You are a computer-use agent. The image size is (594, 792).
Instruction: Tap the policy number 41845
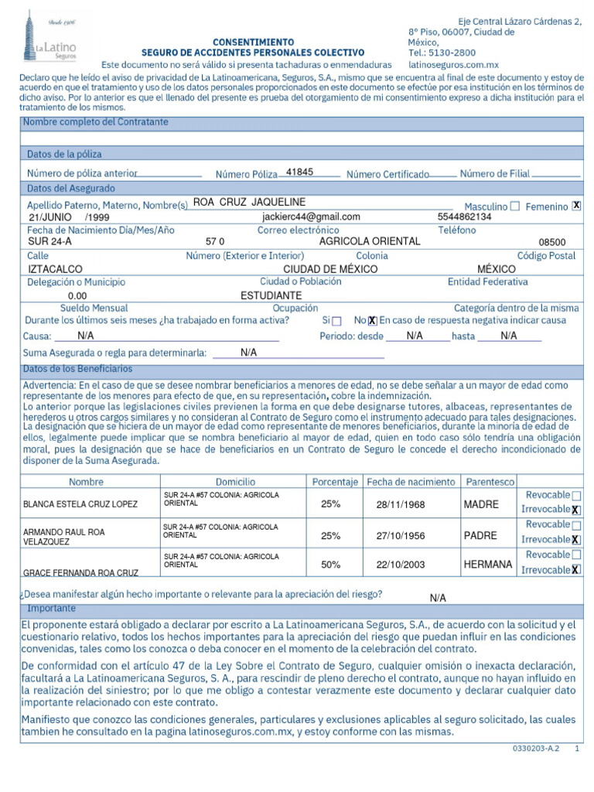coord(299,172)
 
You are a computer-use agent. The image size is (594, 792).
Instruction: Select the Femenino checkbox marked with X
coord(576,206)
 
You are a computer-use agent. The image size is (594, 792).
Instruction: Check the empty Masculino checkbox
coord(515,207)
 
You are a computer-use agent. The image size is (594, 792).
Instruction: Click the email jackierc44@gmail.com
coord(311,217)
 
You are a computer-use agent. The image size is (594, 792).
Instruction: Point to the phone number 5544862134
coord(464,217)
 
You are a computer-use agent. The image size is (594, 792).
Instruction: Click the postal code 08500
coord(552,242)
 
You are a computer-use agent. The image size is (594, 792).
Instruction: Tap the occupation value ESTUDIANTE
coord(271,295)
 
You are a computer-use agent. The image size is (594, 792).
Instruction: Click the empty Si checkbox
coord(336,321)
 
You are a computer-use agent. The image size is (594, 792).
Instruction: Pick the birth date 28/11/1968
coord(401,504)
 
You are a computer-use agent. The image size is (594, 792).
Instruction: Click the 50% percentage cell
coord(330,565)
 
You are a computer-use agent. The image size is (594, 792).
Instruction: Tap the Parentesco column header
coord(490,482)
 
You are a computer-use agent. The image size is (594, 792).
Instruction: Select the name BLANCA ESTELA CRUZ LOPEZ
coord(80,504)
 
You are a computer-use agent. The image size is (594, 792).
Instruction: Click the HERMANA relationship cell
coord(488,565)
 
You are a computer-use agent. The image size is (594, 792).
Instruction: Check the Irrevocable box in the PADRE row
coord(575,540)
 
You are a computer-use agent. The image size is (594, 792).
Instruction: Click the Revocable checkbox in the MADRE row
coord(577,495)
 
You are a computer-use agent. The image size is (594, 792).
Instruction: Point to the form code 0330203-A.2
coord(535,749)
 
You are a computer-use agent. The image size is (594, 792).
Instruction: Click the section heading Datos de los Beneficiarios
coord(77,369)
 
